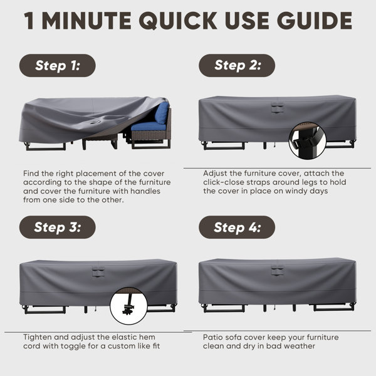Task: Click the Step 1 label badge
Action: (x=57, y=65)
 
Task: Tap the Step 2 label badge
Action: (x=237, y=65)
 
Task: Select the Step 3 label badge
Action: (x=57, y=227)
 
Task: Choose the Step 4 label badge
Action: (x=237, y=227)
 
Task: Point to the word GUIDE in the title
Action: (x=315, y=21)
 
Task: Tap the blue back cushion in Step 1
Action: (x=162, y=113)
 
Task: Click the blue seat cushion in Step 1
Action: (x=149, y=127)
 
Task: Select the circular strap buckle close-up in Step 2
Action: (x=308, y=140)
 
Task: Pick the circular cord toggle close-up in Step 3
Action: (x=128, y=306)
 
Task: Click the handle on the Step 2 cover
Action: (x=278, y=108)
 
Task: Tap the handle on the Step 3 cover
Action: (x=98, y=272)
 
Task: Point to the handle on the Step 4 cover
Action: (x=278, y=271)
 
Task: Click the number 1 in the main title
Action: (x=29, y=21)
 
